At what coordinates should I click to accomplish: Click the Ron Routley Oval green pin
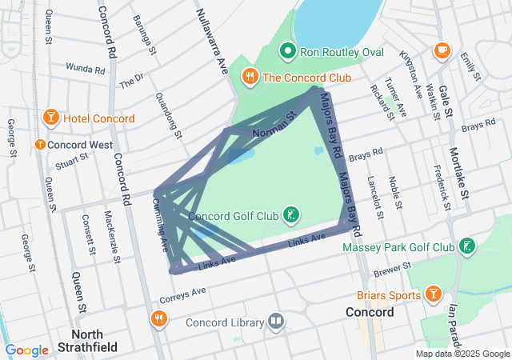[288, 53]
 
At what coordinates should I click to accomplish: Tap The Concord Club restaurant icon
[250, 77]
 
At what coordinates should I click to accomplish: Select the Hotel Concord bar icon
[50, 118]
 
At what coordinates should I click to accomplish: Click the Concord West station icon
[39, 145]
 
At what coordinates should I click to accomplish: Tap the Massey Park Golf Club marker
[467, 247]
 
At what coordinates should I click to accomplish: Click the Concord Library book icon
[276, 322]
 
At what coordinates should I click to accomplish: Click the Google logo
[27, 350]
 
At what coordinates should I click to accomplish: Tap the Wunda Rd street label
[86, 69]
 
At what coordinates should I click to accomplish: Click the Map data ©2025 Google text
[462, 354]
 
